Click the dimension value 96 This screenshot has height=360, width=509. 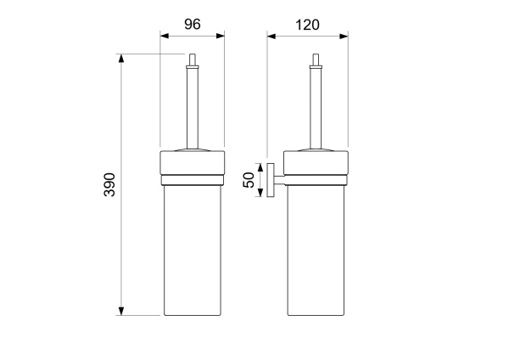[193, 25]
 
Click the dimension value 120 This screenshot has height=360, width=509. [307, 25]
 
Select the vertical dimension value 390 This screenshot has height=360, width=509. [109, 184]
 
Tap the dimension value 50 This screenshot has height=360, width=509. [249, 180]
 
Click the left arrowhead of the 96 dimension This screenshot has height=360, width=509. [165, 36]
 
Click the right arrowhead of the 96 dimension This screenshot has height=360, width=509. [221, 36]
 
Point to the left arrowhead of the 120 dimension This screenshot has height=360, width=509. [271, 36]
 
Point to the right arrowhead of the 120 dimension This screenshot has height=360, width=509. [344, 36]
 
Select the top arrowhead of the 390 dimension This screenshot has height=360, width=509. [121, 58]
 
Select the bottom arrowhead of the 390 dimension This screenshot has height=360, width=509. [121, 311]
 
